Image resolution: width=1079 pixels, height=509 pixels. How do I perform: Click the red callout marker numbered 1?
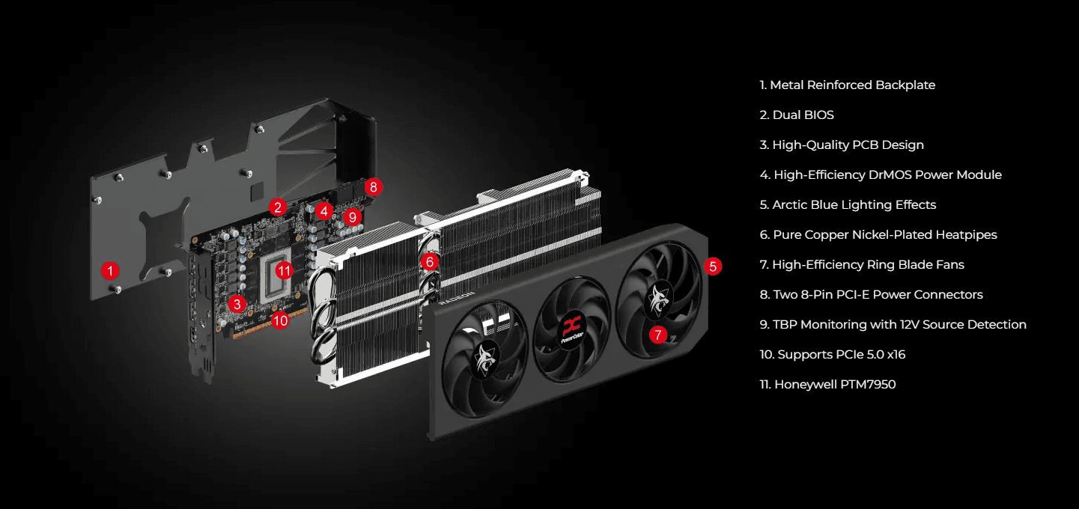(x=111, y=269)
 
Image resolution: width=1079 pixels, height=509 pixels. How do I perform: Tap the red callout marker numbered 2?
(x=278, y=207)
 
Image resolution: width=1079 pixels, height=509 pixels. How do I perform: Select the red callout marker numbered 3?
(x=237, y=303)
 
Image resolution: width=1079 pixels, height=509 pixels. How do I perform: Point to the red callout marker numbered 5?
(x=713, y=266)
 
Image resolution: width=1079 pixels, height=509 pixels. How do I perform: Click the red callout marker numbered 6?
(x=429, y=261)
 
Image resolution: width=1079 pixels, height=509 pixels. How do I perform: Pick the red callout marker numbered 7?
(x=657, y=335)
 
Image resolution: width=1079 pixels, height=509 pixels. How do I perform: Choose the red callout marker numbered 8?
(x=374, y=186)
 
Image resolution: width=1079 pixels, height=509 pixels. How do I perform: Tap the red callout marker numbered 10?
(x=280, y=320)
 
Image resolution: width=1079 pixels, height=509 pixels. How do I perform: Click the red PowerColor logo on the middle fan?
(x=572, y=328)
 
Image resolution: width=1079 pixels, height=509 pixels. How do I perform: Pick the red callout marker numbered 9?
(x=353, y=217)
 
